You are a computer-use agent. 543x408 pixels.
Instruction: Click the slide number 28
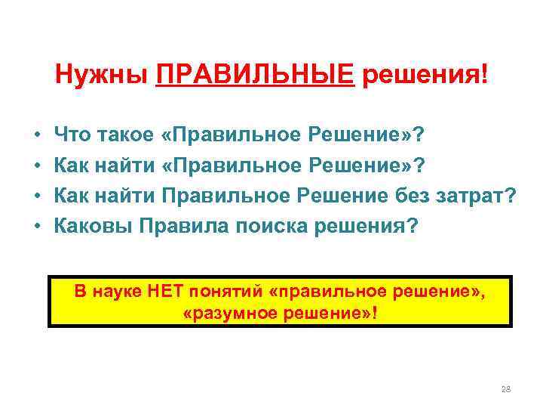coord(506,389)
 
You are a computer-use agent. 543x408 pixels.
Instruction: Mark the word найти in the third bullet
coord(125,196)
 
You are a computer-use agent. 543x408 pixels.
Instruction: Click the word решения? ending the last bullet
coord(361,227)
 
